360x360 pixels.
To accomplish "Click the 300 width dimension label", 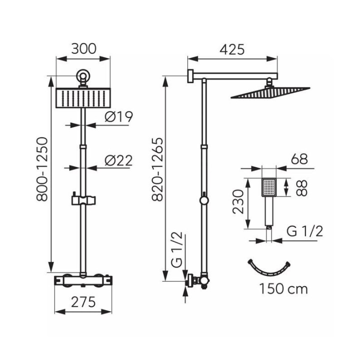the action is coord(83,49).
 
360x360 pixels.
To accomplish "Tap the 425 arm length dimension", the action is coord(232,49).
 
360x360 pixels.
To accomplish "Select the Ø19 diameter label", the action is coord(118,116).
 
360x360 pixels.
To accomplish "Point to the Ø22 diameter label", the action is coord(118,160).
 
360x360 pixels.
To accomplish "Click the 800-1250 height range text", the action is coord(42,169).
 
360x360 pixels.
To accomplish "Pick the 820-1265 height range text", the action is coord(157,169).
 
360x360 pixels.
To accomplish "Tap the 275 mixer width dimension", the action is coord(83,302).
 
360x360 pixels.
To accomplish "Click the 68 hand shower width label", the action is coord(299,159).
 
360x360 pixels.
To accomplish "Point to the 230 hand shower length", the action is coord(238,201).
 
